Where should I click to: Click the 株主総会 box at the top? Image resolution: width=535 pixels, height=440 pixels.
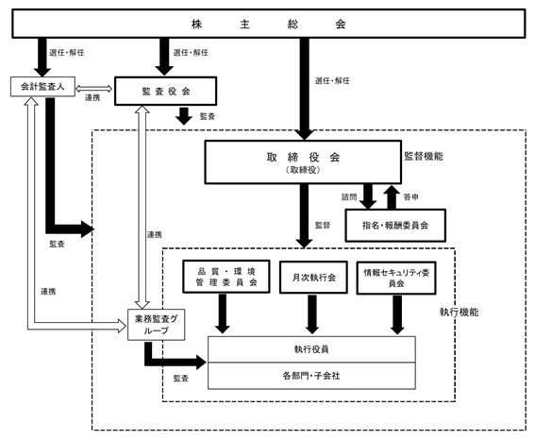tap(269, 24)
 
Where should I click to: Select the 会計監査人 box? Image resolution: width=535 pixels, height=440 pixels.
tap(42, 86)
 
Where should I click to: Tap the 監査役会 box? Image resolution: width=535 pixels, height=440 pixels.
tap(165, 91)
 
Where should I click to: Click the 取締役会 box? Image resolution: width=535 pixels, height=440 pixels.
tap(303, 162)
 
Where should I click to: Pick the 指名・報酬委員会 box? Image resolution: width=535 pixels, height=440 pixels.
tap(395, 226)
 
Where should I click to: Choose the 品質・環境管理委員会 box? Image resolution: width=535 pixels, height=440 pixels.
tap(226, 277)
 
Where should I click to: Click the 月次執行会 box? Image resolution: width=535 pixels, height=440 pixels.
tap(313, 278)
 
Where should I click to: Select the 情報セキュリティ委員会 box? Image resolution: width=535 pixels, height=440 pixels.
tap(396, 278)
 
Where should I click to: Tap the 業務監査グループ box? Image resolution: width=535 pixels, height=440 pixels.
tap(157, 325)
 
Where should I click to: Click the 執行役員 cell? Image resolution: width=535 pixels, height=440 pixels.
tap(311, 349)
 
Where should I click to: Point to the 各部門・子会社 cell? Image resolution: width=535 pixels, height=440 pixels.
tap(311, 376)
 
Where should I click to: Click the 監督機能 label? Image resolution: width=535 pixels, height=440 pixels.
tap(424, 157)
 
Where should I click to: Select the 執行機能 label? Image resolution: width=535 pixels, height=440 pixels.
tap(460, 312)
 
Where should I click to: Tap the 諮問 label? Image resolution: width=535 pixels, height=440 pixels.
tap(349, 197)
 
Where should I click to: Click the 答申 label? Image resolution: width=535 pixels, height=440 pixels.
tap(410, 197)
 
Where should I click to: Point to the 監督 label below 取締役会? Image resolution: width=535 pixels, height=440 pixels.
tap(323, 226)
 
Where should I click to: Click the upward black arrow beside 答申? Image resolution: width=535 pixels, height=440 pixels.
tap(392, 197)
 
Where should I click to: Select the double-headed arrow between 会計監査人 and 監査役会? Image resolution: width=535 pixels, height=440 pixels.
tap(93, 89)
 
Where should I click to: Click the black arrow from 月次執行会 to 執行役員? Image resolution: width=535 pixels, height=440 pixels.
tap(312, 314)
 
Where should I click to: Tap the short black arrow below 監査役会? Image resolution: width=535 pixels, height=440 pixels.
tap(184, 116)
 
